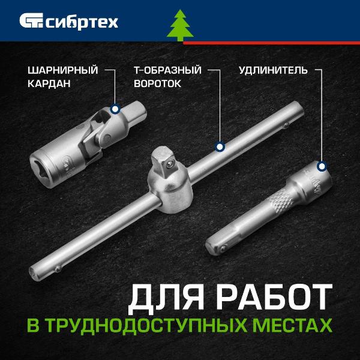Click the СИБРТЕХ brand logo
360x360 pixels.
[x=68, y=22]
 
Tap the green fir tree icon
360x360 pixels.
[x=180, y=25]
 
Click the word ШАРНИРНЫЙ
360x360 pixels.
[x=62, y=70]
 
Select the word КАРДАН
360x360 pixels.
[x=49, y=83]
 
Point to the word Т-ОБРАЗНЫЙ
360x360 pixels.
[x=167, y=70]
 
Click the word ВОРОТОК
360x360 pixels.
[x=157, y=83]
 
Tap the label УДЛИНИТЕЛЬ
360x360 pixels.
[x=273, y=70]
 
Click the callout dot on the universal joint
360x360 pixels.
[x=115, y=109]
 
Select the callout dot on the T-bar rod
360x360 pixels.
[x=220, y=147]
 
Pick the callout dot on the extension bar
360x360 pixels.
[x=322, y=166]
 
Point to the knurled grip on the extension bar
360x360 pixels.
[x=281, y=202]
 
